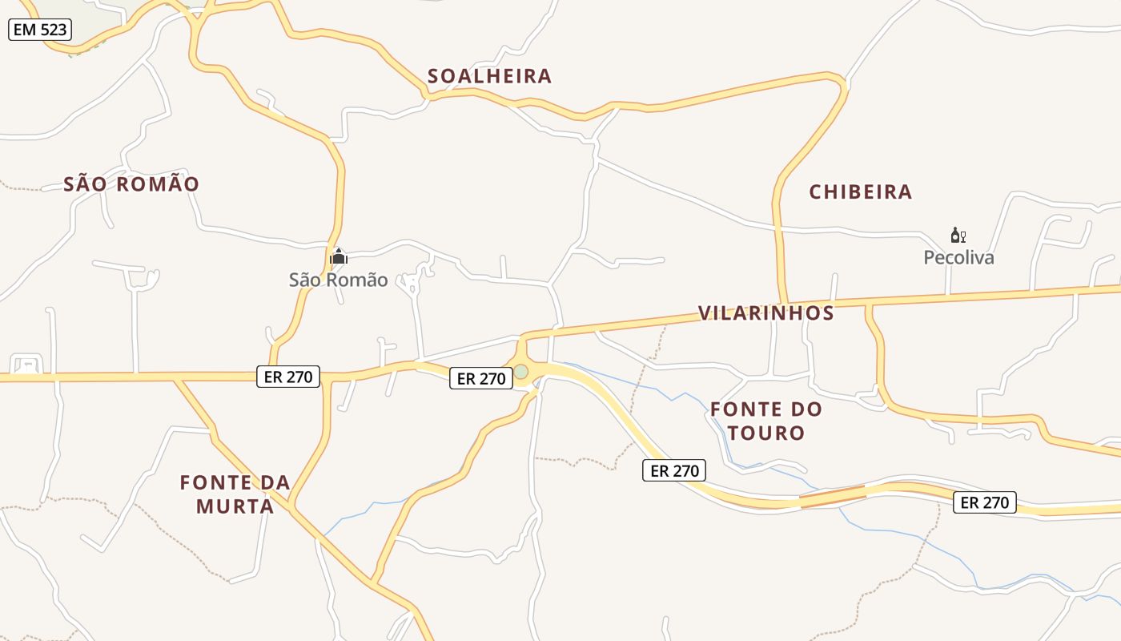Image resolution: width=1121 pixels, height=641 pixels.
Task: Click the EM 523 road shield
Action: pos(40,30)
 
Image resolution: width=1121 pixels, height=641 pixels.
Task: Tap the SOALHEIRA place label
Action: pos(489,76)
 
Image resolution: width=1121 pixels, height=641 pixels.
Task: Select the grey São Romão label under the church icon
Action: pos(338,280)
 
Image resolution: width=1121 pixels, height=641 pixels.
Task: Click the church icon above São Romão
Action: pos(339,256)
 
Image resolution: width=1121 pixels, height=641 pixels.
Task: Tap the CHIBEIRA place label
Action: pos(860,192)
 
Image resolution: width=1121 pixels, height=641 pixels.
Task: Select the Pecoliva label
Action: pos(958,257)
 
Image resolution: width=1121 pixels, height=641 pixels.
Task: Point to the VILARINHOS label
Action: pos(765,313)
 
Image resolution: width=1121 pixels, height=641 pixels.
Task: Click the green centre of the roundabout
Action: pos(521,372)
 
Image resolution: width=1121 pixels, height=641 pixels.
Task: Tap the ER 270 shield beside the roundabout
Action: pos(480,378)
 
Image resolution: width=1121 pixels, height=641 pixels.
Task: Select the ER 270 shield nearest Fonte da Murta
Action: pos(288,376)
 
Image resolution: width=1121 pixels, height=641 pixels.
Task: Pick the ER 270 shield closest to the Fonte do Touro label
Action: pos(675,470)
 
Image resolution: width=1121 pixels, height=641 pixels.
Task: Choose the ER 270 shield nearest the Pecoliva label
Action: pos(984,502)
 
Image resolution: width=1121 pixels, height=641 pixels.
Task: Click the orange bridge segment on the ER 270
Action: pos(833,496)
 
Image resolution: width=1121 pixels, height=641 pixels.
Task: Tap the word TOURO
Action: pos(767,433)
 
